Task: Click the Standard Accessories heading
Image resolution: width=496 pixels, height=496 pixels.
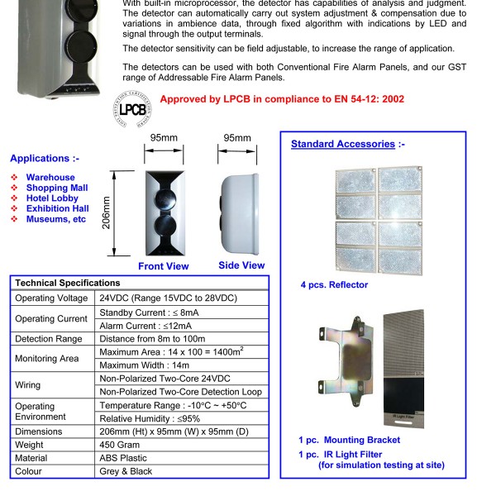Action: pyautogui.click(x=343, y=144)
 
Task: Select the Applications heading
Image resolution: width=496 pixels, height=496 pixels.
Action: pyautogui.click(x=45, y=159)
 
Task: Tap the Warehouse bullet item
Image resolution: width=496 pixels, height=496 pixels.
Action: pyautogui.click(x=50, y=178)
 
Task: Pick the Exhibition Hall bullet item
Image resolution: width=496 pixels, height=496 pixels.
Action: pyautogui.click(x=57, y=209)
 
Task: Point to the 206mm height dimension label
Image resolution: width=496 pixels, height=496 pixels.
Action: pyautogui.click(x=106, y=214)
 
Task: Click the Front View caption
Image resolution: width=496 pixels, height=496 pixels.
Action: pyautogui.click(x=163, y=266)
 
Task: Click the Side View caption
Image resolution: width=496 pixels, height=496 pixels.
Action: pyautogui.click(x=241, y=265)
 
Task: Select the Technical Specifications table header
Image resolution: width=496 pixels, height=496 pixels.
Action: pyautogui.click(x=68, y=283)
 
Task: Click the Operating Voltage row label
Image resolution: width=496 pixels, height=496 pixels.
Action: pyautogui.click(x=51, y=298)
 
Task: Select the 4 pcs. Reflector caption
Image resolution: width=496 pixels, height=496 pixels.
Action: pyautogui.click(x=334, y=285)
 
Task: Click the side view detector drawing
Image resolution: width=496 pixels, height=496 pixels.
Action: pyautogui.click(x=241, y=212)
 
